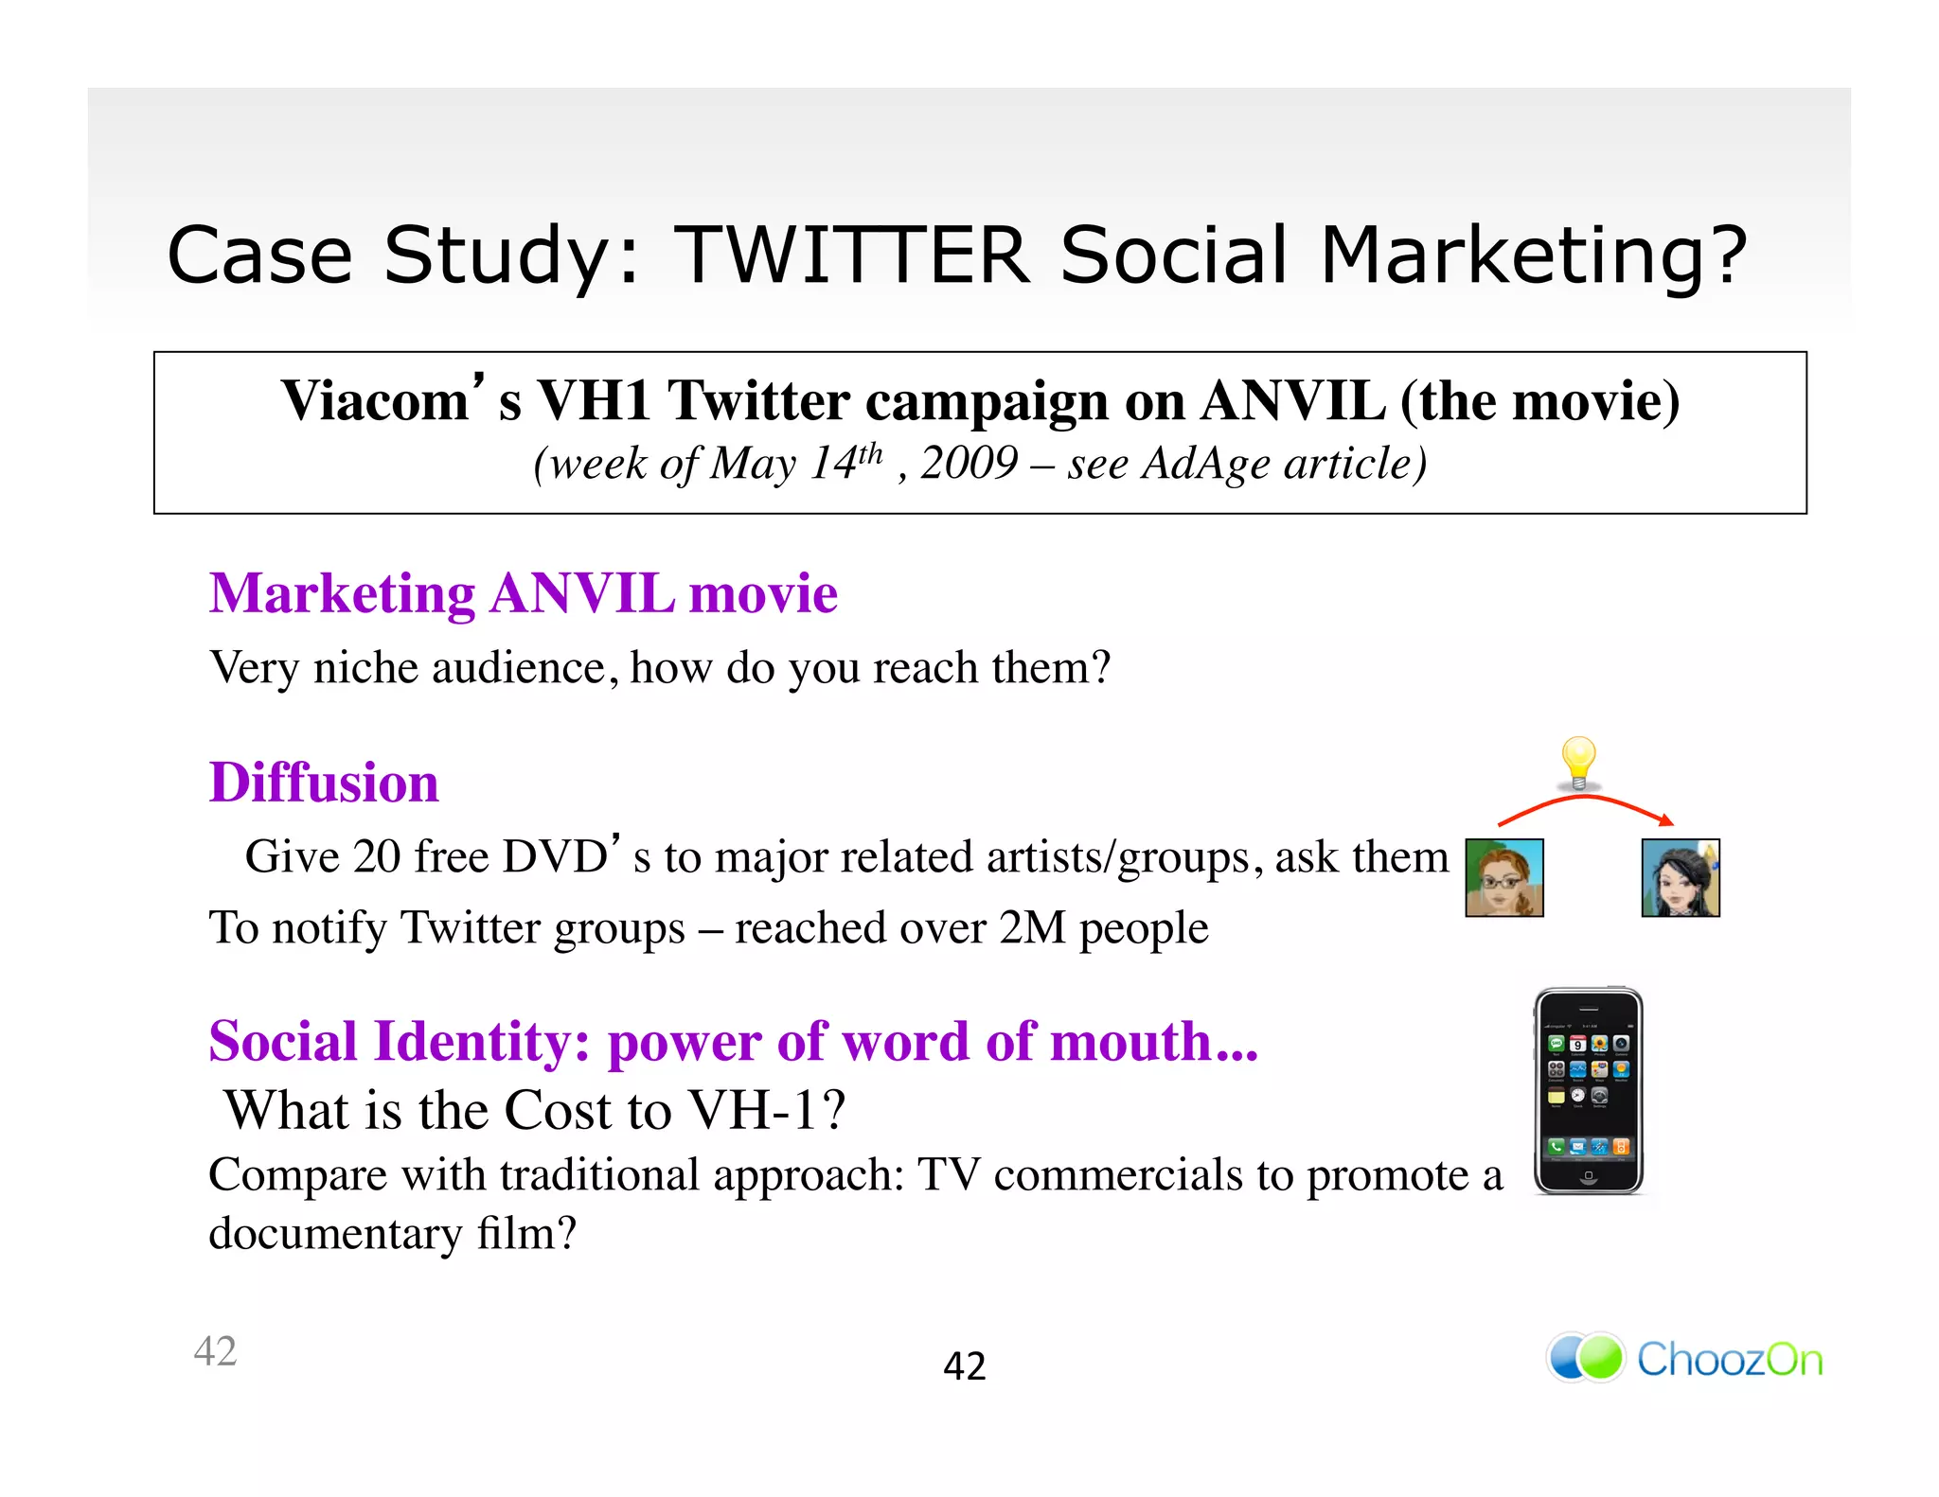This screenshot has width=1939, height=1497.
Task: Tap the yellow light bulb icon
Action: click(x=1578, y=763)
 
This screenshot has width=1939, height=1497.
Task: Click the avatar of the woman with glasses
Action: click(x=1504, y=878)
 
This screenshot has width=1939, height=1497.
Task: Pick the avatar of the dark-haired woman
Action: click(x=1681, y=878)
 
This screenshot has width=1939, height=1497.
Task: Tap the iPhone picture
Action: click(x=1589, y=1091)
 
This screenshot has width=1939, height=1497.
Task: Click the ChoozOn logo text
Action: click(x=1729, y=1360)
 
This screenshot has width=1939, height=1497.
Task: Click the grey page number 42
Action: click(x=215, y=1351)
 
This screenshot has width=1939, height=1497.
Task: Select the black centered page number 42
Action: click(x=965, y=1366)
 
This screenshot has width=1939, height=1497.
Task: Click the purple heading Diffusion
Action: click(x=324, y=783)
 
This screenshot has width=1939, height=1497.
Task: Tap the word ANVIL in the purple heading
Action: click(x=582, y=594)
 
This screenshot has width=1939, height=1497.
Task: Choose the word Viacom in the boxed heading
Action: click(x=376, y=401)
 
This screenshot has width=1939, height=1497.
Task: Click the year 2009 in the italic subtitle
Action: click(x=969, y=464)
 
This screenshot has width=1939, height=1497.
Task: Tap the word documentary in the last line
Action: click(x=333, y=1234)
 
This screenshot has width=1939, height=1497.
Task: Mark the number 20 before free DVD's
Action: click(x=377, y=857)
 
